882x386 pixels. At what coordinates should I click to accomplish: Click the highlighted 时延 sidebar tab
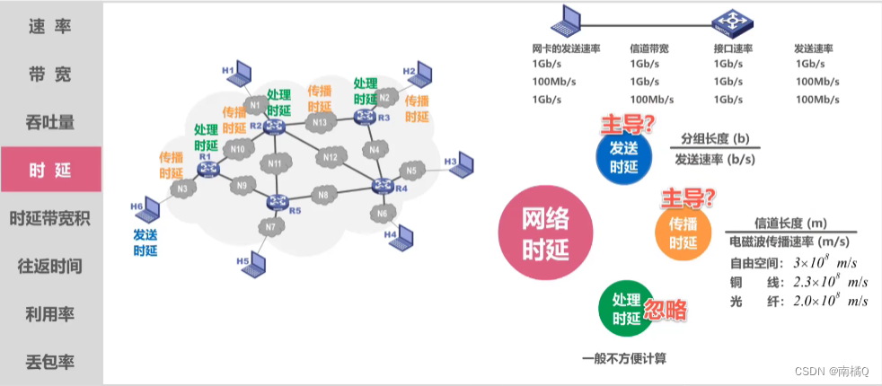pyautogui.click(x=50, y=170)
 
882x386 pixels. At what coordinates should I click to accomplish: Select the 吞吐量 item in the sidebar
pyautogui.click(x=50, y=121)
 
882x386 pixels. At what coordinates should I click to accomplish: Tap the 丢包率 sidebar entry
pyautogui.click(x=50, y=363)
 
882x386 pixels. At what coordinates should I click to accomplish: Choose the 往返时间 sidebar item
pyautogui.click(x=50, y=267)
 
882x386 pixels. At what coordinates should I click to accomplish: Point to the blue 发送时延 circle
pyautogui.click(x=623, y=156)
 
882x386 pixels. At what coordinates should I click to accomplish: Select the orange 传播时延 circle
pyautogui.click(x=683, y=232)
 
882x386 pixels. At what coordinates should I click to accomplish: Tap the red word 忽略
pyautogui.click(x=665, y=311)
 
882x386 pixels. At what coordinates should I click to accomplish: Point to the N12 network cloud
pyautogui.click(x=331, y=158)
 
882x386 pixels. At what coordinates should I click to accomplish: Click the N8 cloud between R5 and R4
pyautogui.click(x=323, y=195)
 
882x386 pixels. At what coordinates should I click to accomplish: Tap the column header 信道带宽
pyautogui.click(x=648, y=48)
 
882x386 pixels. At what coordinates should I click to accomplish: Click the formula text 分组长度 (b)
pyautogui.click(x=715, y=139)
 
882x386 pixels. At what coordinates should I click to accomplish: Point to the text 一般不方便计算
pyautogui.click(x=624, y=358)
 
